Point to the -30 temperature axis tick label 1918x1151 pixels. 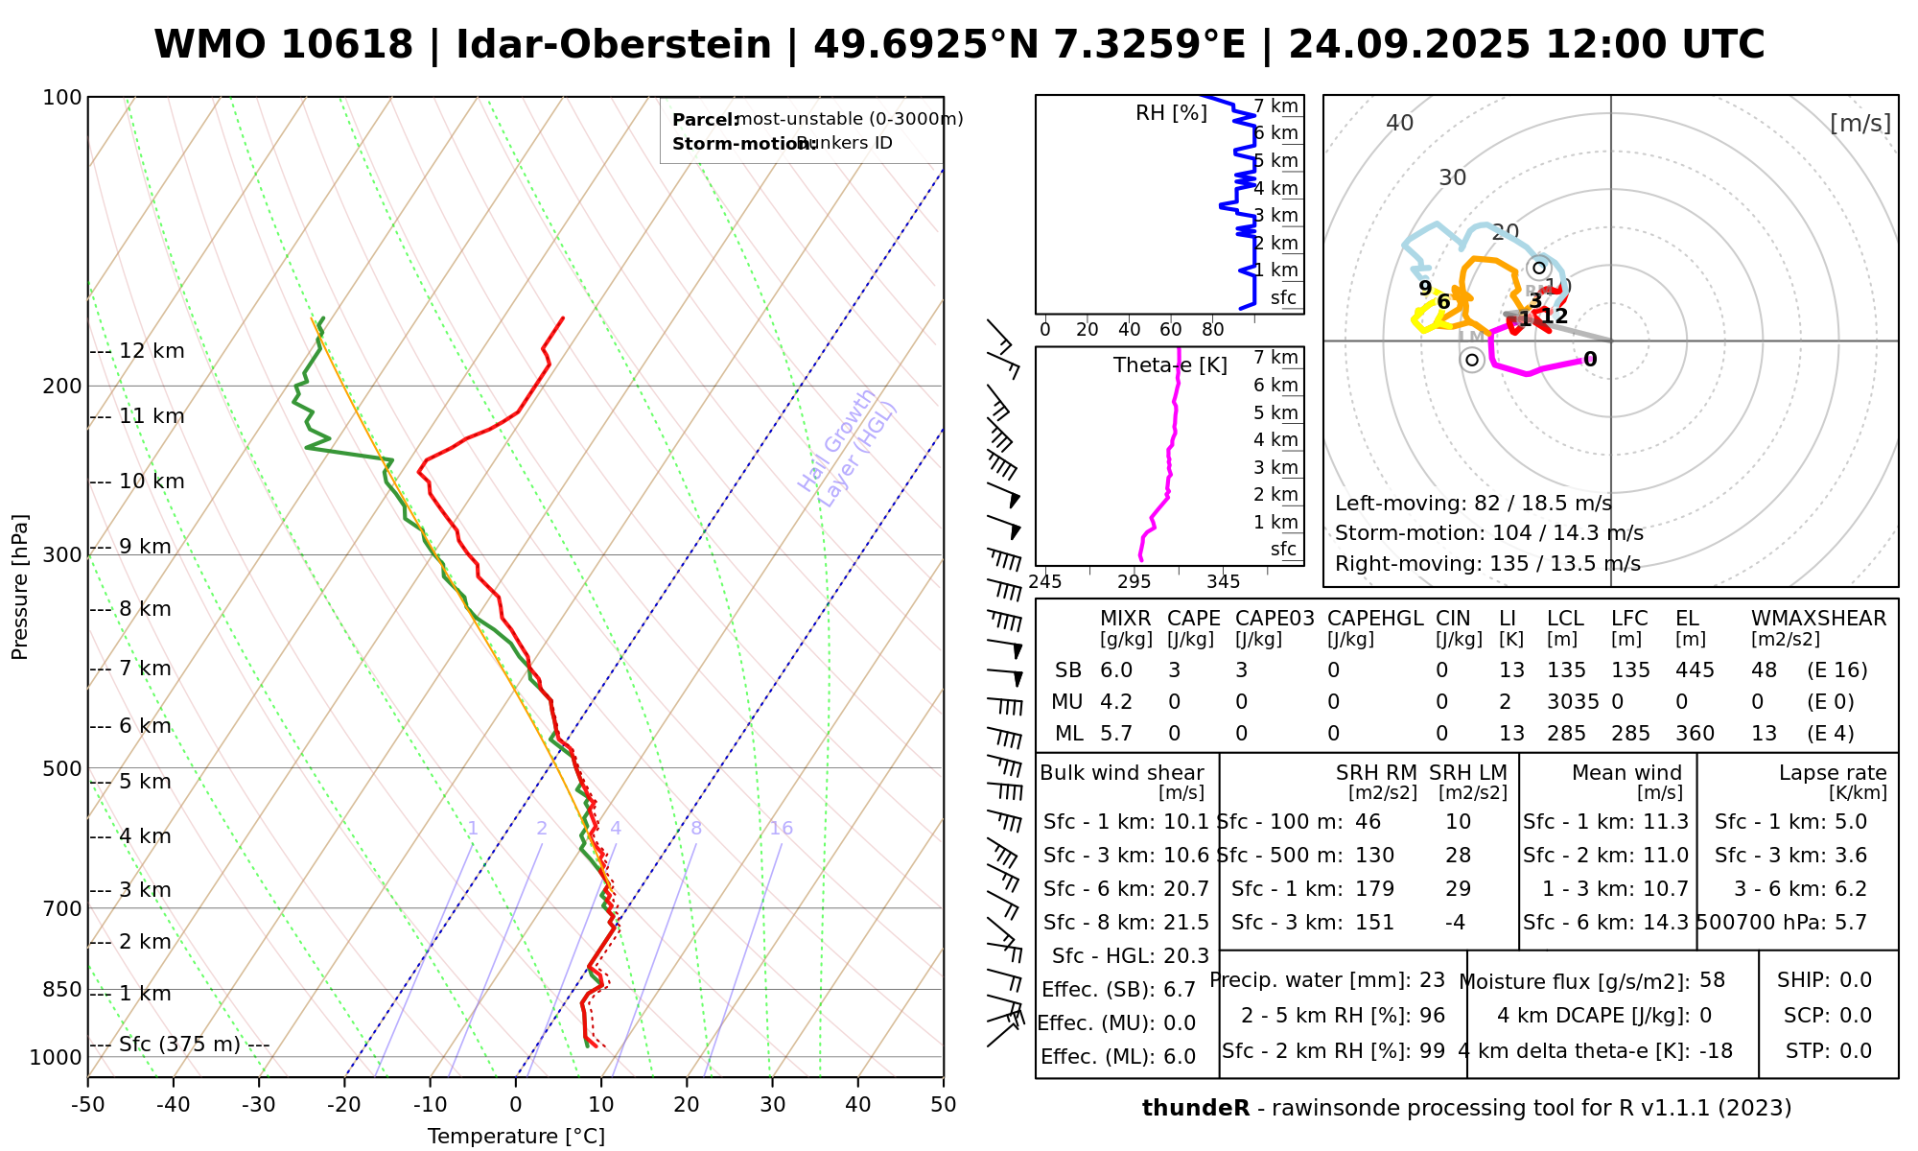click(258, 1105)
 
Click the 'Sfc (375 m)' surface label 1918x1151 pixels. click(179, 1045)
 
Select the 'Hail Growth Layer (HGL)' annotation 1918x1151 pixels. click(848, 448)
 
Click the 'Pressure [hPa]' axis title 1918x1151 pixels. click(20, 587)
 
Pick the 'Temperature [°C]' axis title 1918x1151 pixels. click(516, 1137)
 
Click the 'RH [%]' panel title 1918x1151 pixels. click(1171, 113)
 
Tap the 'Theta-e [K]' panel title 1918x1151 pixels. click(1170, 365)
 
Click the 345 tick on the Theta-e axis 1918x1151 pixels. click(1223, 582)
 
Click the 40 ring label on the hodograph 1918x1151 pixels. click(1400, 123)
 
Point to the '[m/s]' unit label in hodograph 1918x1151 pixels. click(1860, 124)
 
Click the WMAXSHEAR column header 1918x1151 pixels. click(1818, 619)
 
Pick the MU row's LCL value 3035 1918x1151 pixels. click(1573, 702)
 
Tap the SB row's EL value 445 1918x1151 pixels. click(1695, 670)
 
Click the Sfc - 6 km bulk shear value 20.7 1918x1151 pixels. click(1185, 889)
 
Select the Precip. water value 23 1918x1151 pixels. click(1432, 980)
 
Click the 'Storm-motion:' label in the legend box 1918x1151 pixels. click(733, 144)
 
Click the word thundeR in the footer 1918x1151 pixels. click(1195, 1109)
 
